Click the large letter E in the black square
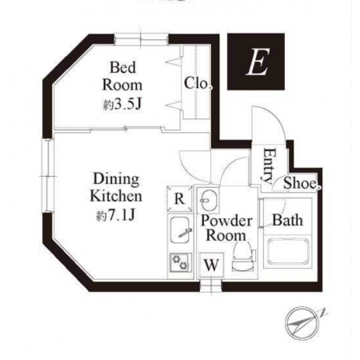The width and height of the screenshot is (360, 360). point(258,62)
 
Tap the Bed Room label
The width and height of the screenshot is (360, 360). point(122,76)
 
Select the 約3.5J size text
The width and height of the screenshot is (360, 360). point(122,105)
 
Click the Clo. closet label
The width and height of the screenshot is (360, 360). point(198,83)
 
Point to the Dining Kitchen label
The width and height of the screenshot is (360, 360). point(116,187)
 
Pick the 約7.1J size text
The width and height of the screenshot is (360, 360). point(116,215)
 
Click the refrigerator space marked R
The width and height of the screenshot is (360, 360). point(179,198)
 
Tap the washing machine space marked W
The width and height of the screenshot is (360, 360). point(211,265)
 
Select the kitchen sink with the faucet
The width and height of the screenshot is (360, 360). point(180,230)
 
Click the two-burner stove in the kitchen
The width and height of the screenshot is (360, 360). point(180,262)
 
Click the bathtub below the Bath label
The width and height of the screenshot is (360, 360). point(288,251)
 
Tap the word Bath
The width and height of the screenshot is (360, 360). point(288,220)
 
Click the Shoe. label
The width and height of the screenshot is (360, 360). point(302,183)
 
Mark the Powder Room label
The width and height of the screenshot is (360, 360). point(226,228)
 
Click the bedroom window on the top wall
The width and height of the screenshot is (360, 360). point(142,39)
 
